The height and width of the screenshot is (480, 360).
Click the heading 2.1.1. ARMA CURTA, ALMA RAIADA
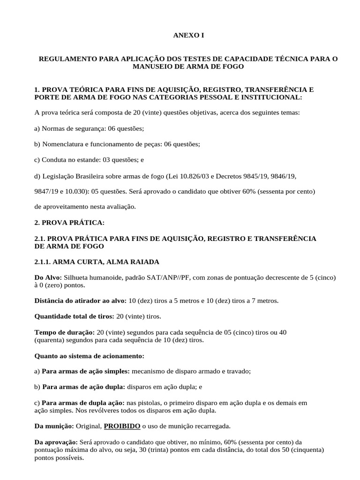click(97, 261)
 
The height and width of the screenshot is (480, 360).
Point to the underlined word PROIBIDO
click(122, 426)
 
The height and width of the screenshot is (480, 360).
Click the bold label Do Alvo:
click(48, 277)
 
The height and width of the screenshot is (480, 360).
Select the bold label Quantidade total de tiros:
click(75, 316)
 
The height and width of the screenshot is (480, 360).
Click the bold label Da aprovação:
click(57, 442)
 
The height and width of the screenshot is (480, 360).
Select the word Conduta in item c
click(53, 160)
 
